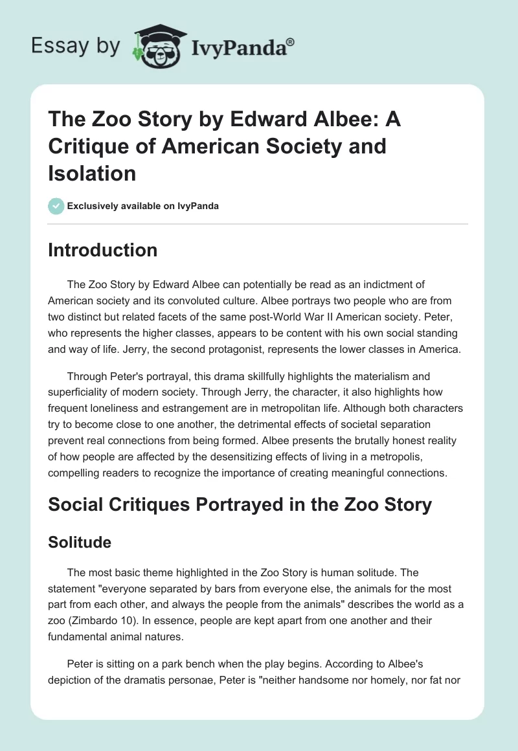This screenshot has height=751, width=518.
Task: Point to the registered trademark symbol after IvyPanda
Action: pyautogui.click(x=291, y=41)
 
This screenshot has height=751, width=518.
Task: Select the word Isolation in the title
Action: pyautogui.click(x=92, y=173)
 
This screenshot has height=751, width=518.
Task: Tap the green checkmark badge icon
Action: pyautogui.click(x=56, y=207)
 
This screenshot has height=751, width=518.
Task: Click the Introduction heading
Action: pyautogui.click(x=102, y=251)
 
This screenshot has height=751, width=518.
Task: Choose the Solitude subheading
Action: pyautogui.click(x=80, y=543)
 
